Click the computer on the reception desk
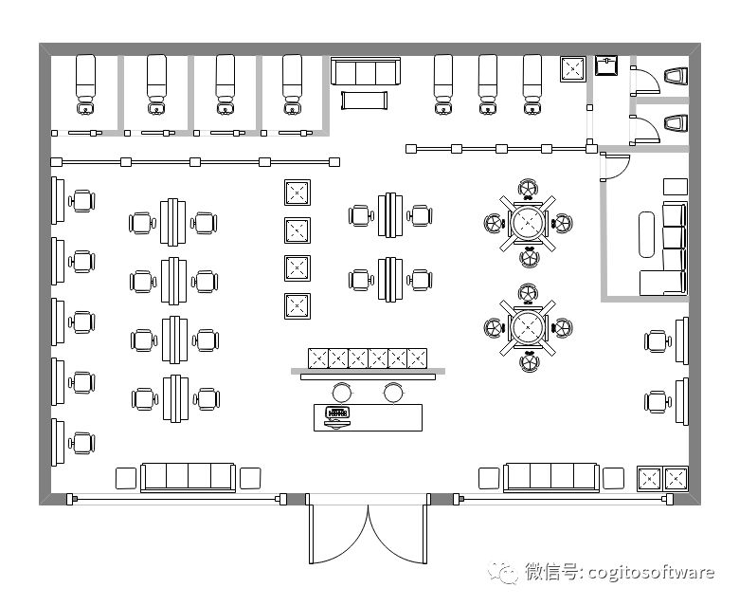(x=337, y=414)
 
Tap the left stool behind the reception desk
(x=341, y=391)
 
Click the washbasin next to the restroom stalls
(x=606, y=64)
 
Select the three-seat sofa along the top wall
(x=366, y=72)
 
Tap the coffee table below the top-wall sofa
(x=365, y=99)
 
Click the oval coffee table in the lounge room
(x=649, y=233)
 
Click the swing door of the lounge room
(x=612, y=167)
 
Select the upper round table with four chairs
(x=528, y=223)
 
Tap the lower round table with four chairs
(x=528, y=327)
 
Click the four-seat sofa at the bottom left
(x=188, y=476)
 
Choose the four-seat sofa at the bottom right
(x=551, y=476)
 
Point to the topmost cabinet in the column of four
(x=297, y=193)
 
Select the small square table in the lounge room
(x=675, y=186)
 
